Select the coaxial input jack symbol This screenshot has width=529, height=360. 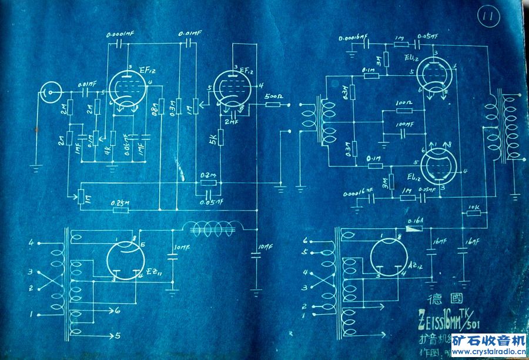click(49, 92)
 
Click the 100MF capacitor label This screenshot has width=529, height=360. click(403, 125)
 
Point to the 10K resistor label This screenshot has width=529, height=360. click(474, 206)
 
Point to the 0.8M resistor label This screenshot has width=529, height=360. click(157, 109)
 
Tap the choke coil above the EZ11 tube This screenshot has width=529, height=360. click(215, 228)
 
